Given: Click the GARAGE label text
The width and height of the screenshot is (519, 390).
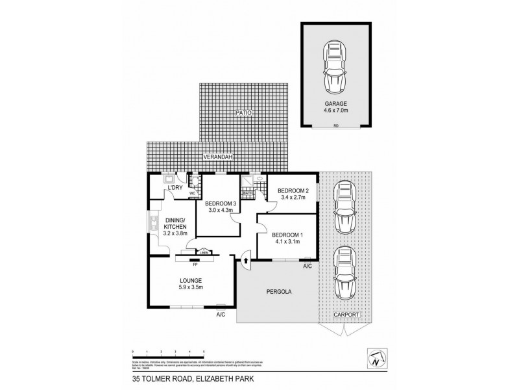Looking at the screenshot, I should [335, 103].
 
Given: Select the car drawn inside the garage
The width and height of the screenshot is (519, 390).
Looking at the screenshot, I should [336, 68].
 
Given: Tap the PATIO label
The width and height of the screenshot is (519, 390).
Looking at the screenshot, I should [243, 112].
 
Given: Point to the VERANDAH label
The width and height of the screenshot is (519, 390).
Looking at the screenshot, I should [218, 157].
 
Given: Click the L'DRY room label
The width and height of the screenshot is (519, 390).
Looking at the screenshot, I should [175, 188].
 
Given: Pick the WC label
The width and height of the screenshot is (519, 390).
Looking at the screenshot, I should [193, 192].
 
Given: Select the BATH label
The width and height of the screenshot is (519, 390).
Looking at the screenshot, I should [247, 192].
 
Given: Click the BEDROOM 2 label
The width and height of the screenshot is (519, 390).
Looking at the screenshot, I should [292, 190].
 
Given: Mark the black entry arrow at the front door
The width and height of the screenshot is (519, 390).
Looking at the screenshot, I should [246, 261].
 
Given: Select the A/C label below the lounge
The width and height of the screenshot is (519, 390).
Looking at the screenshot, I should [221, 315].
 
